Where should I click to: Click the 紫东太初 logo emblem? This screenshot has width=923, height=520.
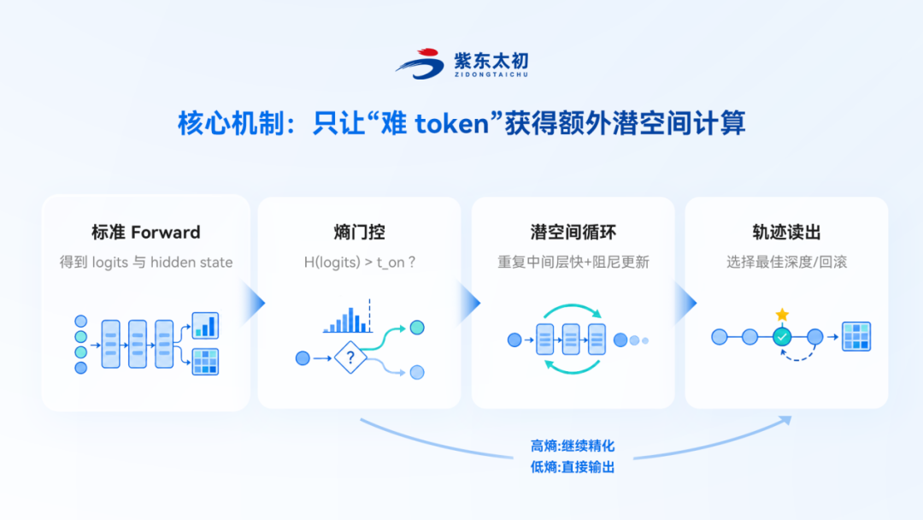coord(420,63)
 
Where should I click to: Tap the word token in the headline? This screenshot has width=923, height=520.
coord(452,124)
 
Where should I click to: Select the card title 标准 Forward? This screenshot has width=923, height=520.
coord(146,232)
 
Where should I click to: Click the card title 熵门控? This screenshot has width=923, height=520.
coord(359,232)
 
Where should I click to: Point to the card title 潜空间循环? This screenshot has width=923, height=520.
coord(573,232)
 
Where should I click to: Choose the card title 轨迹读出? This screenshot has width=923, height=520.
coord(786,232)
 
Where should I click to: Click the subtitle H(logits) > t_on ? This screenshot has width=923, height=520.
coord(360,262)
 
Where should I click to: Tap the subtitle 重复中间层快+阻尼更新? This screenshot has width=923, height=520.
coord(573,262)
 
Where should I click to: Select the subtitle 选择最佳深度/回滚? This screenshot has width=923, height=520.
coord(786,262)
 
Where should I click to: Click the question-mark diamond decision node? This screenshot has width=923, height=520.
coord(350,357)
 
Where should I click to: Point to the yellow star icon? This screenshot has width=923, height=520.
coord(782,315)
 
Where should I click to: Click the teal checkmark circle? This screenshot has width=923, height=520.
coord(782,337)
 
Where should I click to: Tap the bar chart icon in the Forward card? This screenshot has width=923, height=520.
coord(205,326)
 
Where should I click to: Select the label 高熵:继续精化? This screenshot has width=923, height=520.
coord(572,446)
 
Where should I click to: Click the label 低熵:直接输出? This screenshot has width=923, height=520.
coord(572,467)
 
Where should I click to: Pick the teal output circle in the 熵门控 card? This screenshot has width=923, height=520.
coord(417,328)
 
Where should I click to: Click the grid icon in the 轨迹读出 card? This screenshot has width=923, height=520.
coord(855,336)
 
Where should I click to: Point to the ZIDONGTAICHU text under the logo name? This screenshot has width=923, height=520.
coord(491,74)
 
